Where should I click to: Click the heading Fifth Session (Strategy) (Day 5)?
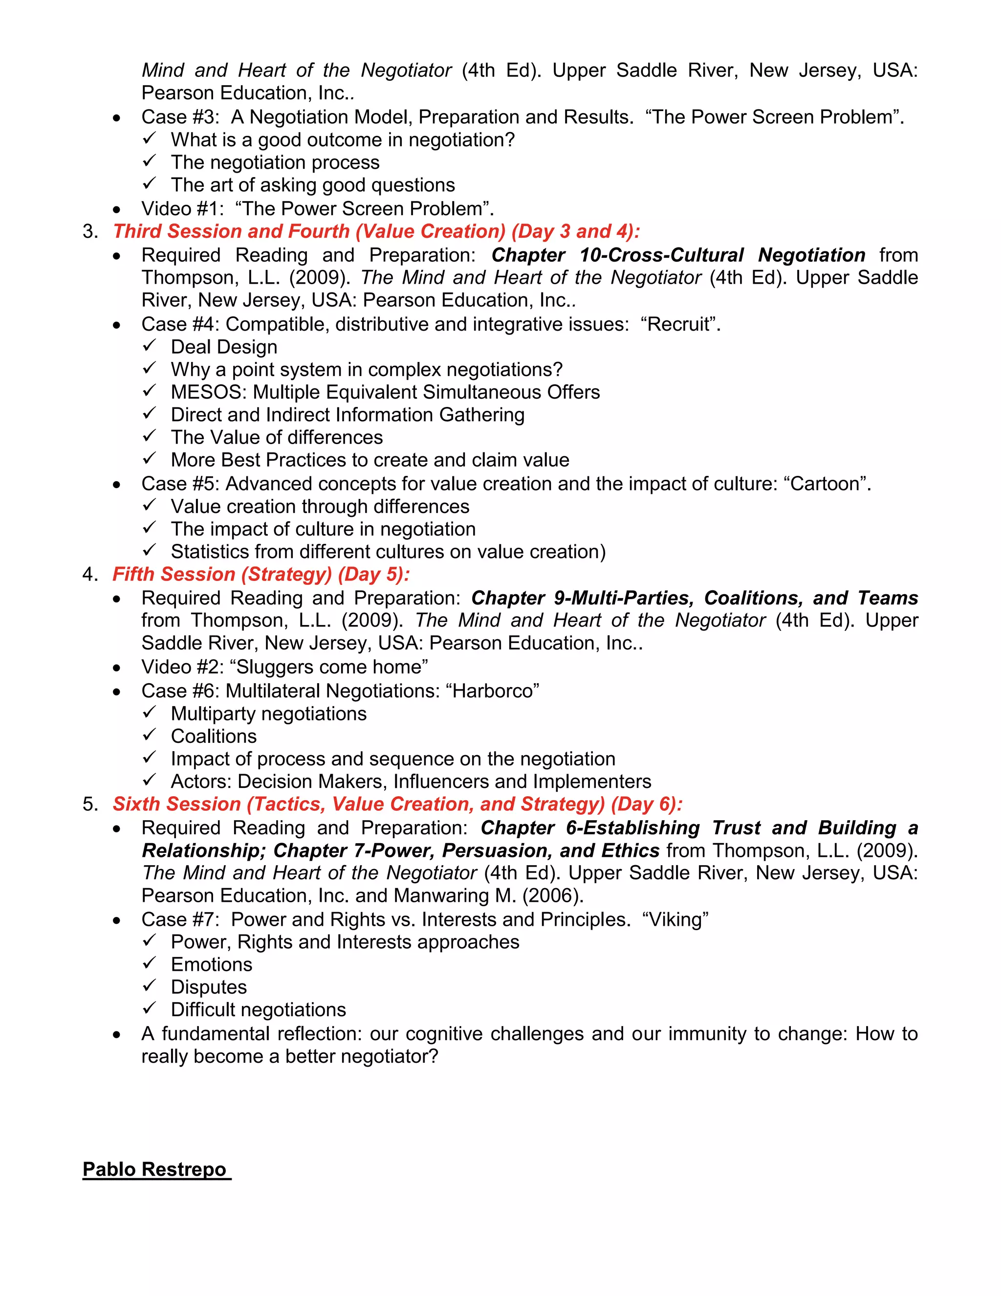click(x=261, y=575)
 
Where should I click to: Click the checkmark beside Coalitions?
click(x=149, y=735)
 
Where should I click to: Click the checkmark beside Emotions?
click(x=149, y=964)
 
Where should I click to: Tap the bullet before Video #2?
click(x=117, y=668)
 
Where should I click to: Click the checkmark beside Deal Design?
click(x=149, y=346)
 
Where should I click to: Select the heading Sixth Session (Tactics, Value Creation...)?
click(x=397, y=804)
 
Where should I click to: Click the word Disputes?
click(x=209, y=987)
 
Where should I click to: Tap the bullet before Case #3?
click(x=117, y=118)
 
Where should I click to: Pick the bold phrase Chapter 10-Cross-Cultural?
click(x=617, y=255)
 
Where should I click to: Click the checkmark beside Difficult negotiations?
click(x=149, y=1009)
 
